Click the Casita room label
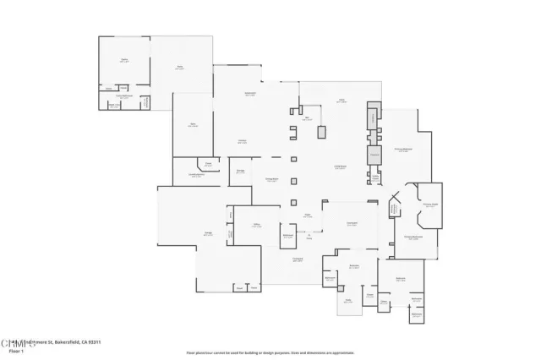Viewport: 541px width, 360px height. pos(124,60)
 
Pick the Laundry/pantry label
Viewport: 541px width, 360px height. pos(196,175)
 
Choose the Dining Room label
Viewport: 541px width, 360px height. pos(272,180)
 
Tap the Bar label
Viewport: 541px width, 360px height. pos(309,118)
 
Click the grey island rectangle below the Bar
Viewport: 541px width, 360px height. pos(322,132)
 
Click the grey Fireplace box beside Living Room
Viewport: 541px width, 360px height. pos(374,155)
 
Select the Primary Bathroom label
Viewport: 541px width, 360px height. pos(413,237)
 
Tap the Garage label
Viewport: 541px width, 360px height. pos(207,235)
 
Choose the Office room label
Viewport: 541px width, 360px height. pos(255,225)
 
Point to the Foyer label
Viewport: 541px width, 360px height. pos(309,216)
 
